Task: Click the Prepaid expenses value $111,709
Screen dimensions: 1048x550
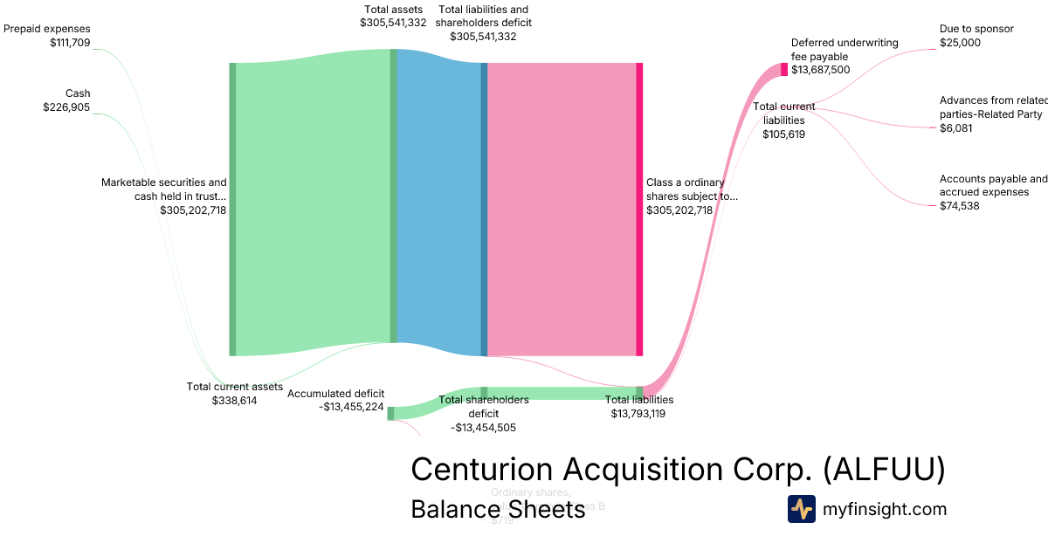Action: pos(70,42)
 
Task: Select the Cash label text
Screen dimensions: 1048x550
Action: pos(78,93)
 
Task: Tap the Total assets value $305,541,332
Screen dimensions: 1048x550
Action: pos(393,23)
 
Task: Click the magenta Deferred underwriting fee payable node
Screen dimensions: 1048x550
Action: pos(784,70)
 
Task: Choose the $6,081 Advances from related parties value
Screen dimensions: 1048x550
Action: pos(956,128)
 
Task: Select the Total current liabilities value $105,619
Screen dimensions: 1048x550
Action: pos(783,134)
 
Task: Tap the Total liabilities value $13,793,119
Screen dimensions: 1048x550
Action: pos(638,414)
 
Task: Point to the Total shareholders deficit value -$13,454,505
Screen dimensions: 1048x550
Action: pos(483,428)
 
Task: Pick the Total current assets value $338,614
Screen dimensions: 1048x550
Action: pos(234,401)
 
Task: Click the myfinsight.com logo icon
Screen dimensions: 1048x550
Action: pos(801,509)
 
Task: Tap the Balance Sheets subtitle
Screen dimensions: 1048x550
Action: pos(498,510)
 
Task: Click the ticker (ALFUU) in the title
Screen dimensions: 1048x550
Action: pos(884,469)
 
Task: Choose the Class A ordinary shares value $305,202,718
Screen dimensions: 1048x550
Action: pos(679,210)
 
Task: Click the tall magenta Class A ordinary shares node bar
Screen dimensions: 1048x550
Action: pos(639,210)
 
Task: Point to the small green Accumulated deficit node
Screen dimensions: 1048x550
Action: pos(390,414)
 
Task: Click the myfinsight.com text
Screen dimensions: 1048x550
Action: pos(885,509)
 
